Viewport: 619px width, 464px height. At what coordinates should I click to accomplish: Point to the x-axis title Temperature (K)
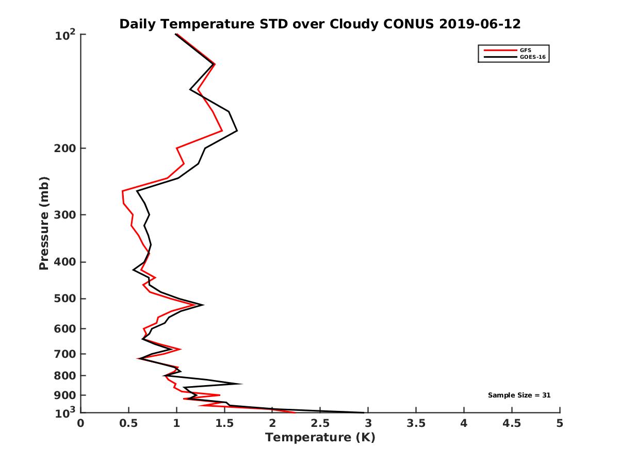[320, 438]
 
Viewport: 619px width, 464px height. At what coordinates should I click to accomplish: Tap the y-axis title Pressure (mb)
[44, 223]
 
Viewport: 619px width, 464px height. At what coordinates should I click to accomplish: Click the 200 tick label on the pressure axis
[64, 148]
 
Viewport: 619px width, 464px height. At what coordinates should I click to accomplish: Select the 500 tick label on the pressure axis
[64, 299]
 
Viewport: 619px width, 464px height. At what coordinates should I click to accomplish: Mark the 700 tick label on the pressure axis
[64, 354]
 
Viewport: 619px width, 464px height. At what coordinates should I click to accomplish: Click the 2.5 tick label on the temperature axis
[320, 424]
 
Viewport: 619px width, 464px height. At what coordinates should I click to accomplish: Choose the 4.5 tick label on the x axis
[512, 424]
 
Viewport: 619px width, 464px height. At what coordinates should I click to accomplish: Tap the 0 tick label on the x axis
[81, 424]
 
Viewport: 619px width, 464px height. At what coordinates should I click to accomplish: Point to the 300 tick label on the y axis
[64, 214]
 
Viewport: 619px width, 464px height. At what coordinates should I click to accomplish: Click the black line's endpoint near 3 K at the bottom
[364, 412]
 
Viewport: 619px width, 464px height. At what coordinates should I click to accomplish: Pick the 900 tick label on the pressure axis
[64, 395]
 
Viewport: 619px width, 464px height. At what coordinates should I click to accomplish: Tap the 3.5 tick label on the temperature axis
[416, 424]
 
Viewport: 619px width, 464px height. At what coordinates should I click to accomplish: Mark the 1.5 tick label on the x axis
[224, 424]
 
